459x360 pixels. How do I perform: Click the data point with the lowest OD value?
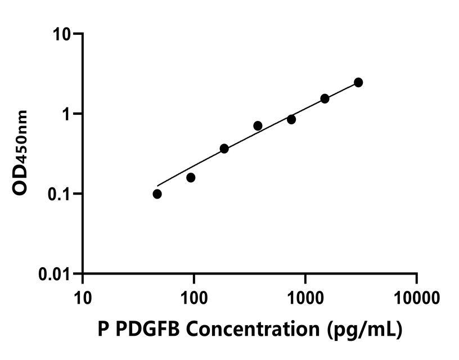pyautogui.click(x=157, y=194)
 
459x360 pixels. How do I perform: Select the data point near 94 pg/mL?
pyautogui.click(x=191, y=178)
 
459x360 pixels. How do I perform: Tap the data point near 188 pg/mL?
pyautogui.click(x=224, y=148)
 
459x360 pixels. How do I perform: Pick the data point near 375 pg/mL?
pyautogui.click(x=258, y=125)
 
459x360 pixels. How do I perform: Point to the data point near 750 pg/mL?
pyautogui.click(x=291, y=119)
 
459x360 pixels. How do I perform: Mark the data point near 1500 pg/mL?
pyautogui.click(x=325, y=98)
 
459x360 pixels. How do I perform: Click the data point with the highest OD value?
pyautogui.click(x=358, y=83)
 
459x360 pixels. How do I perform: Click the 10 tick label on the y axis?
pyautogui.click(x=65, y=34)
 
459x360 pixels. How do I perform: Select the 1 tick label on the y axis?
pyautogui.click(x=71, y=114)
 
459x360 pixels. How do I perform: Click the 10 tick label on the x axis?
pyautogui.click(x=83, y=296)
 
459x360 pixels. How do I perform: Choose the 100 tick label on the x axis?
pyautogui.click(x=193, y=296)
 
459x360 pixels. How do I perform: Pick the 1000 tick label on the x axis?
pyautogui.click(x=305, y=296)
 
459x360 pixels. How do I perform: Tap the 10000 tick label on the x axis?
pyautogui.click(x=416, y=296)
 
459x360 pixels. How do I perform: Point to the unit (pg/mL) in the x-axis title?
pyautogui.click(x=364, y=330)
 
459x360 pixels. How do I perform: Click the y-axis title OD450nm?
pyautogui.click(x=21, y=153)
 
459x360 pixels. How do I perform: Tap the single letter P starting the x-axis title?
pyautogui.click(x=103, y=330)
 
